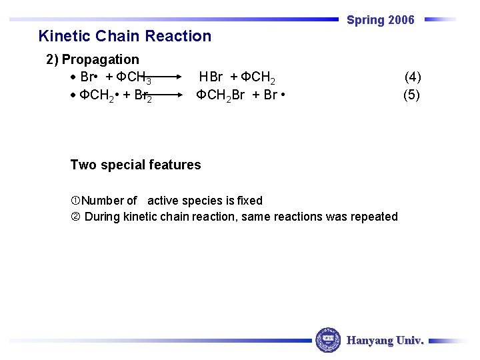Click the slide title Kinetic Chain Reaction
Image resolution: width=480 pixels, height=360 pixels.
coord(125,36)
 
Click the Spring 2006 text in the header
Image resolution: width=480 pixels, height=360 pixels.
coord(380,20)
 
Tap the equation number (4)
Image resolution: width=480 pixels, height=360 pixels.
coord(413,77)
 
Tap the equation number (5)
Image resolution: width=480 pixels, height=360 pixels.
coord(411,95)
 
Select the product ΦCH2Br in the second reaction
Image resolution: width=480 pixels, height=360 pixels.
coord(220,95)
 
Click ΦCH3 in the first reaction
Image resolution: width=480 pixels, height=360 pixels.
coord(138,78)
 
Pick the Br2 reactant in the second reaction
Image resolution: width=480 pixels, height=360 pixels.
coord(143,95)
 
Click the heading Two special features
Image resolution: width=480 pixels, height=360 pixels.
coord(135,165)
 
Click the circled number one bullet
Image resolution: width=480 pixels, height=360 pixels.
coord(75,201)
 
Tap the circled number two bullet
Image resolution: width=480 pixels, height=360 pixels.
coord(75,217)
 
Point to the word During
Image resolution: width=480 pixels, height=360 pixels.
coord(103,217)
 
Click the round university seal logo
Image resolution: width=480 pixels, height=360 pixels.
coord(328,340)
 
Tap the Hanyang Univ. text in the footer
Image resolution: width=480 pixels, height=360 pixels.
coord(385,341)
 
